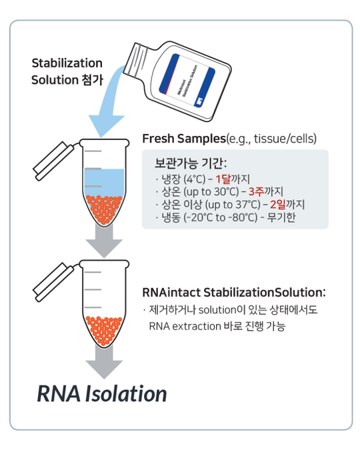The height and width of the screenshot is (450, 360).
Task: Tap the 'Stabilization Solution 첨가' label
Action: click(67, 71)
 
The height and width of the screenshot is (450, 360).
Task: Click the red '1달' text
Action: click(223, 179)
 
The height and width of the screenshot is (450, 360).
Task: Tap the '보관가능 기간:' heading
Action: click(191, 163)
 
